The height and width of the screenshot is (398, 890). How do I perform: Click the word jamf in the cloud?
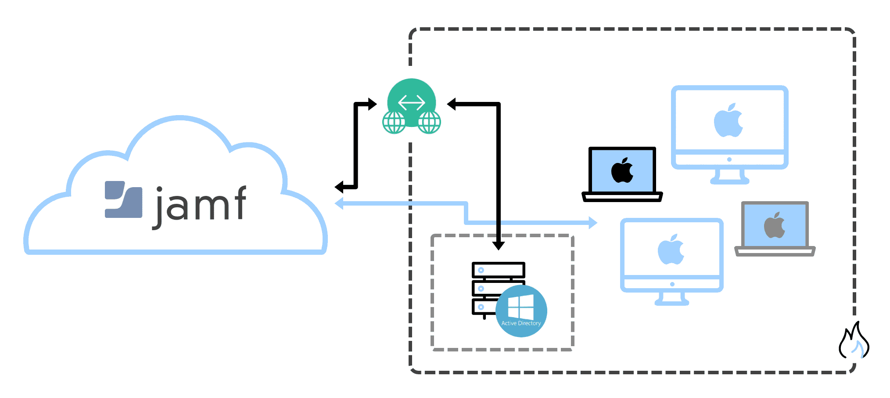click(201, 204)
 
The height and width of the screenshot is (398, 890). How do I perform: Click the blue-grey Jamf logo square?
click(123, 199)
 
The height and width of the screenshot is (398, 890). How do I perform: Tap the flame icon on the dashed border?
click(854, 342)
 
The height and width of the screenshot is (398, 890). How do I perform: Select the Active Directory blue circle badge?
click(521, 311)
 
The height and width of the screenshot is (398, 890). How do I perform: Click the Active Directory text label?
click(521, 323)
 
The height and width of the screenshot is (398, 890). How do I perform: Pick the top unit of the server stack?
click(498, 270)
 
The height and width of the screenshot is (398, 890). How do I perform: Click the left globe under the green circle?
click(394, 122)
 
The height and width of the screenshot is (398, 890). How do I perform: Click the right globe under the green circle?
click(429, 122)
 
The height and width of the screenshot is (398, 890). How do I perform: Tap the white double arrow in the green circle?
click(411, 103)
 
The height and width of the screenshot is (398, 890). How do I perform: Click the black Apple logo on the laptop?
click(622, 170)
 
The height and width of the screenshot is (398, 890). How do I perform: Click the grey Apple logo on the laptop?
click(775, 225)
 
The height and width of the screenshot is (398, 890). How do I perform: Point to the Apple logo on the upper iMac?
click(729, 121)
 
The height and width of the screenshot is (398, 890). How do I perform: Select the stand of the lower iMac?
click(671, 299)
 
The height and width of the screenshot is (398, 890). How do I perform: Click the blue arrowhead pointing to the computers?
click(592, 223)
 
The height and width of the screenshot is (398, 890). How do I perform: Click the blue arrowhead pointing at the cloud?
click(339, 203)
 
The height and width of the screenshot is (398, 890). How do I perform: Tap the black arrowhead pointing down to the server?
click(498, 245)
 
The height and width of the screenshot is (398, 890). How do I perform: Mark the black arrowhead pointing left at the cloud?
click(339, 187)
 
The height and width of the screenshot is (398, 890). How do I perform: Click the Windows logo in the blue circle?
click(521, 306)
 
